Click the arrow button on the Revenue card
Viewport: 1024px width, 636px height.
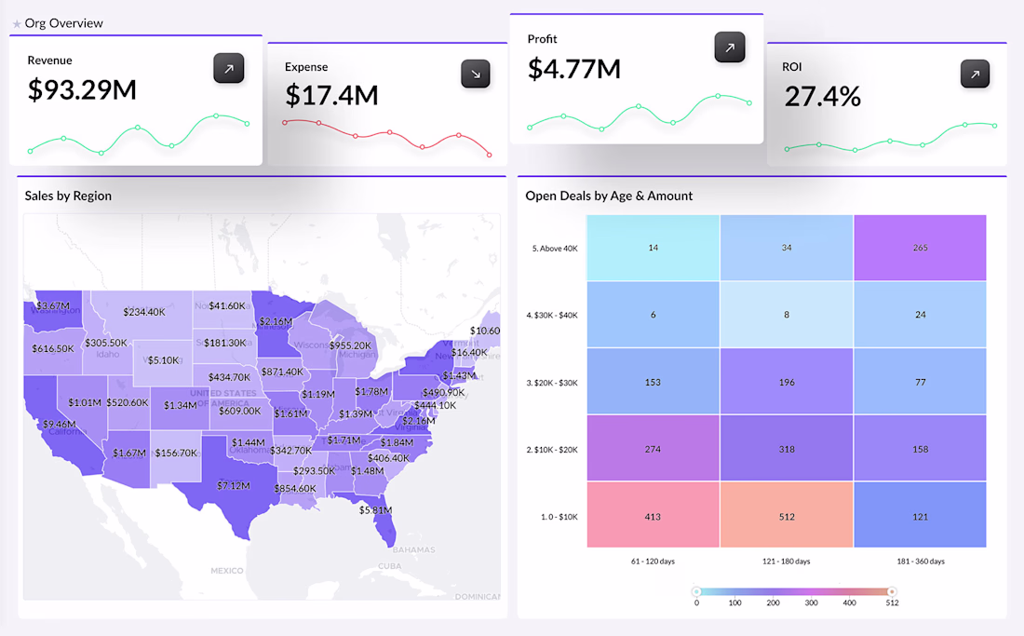pyautogui.click(x=229, y=69)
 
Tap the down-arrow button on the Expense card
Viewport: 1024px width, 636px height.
pyautogui.click(x=476, y=74)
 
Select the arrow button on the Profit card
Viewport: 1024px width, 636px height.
pyautogui.click(x=730, y=47)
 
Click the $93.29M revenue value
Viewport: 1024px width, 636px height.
pyautogui.click(x=82, y=89)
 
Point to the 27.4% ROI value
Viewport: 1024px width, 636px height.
pyautogui.click(x=822, y=96)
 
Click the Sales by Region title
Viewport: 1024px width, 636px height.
pyautogui.click(x=68, y=196)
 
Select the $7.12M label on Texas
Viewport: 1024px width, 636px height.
pyautogui.click(x=233, y=485)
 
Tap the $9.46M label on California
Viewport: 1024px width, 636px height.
pyautogui.click(x=58, y=424)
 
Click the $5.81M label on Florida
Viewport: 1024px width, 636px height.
pyautogui.click(x=375, y=510)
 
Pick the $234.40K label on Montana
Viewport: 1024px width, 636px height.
pyautogui.click(x=143, y=312)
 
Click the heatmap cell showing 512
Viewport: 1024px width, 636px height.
pyautogui.click(x=787, y=515)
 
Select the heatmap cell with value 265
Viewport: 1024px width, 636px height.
pyautogui.click(x=920, y=248)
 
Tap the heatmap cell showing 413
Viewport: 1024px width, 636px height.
pyautogui.click(x=653, y=515)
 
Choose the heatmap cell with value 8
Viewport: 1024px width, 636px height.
pyautogui.click(x=787, y=315)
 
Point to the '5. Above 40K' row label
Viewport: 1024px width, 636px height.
pyautogui.click(x=554, y=249)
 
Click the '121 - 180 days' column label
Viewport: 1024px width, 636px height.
pyautogui.click(x=787, y=562)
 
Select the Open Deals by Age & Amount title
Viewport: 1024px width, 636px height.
pyautogui.click(x=609, y=196)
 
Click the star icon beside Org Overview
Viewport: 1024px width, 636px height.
pyautogui.click(x=17, y=23)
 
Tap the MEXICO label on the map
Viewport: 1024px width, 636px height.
pyautogui.click(x=226, y=570)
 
